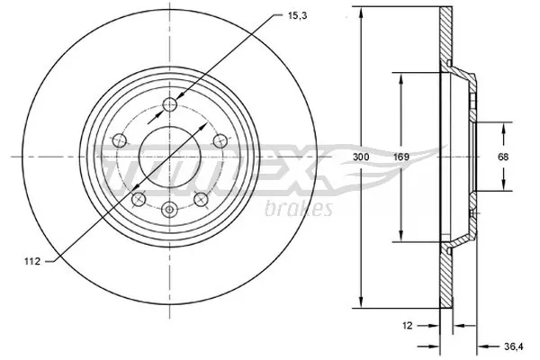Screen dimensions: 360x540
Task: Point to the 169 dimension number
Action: pos(401,157)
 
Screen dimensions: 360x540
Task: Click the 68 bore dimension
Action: pos(504,157)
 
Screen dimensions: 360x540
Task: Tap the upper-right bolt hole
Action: pos(217,139)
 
